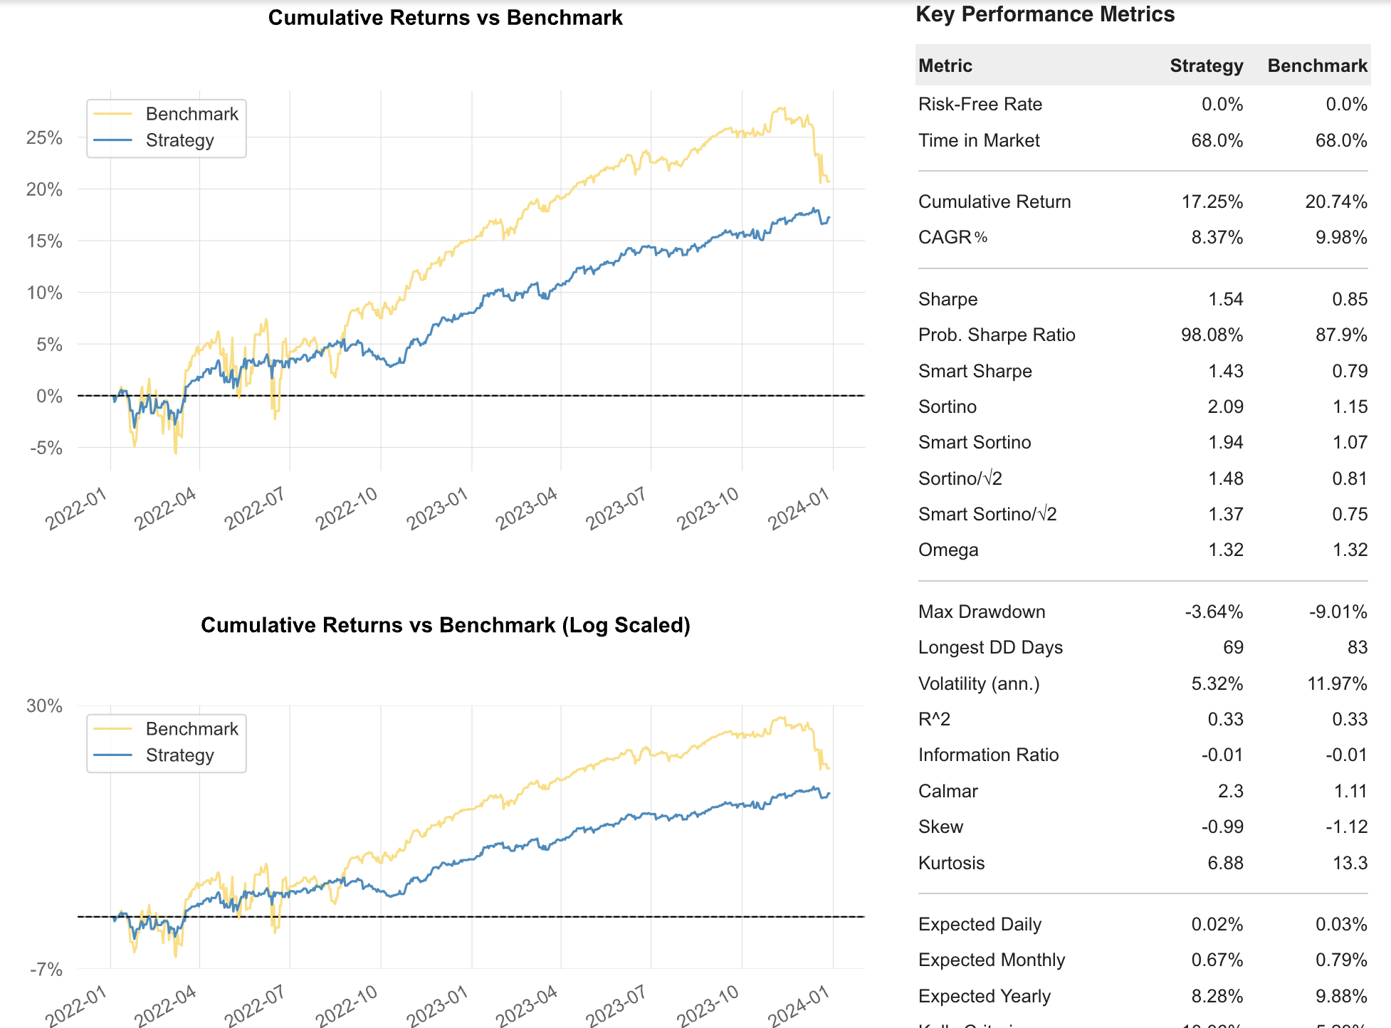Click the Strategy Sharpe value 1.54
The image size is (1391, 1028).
tap(1225, 299)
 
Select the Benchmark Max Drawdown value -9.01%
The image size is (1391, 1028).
tap(1338, 612)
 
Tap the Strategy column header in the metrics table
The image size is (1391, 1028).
tap(1206, 65)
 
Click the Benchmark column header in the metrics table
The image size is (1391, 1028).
tap(1317, 65)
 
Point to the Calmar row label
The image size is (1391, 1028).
tap(948, 791)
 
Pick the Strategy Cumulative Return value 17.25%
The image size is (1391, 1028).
tap(1212, 201)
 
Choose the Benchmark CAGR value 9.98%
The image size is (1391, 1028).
tap(1340, 237)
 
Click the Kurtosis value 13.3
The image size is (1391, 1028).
tap(1350, 863)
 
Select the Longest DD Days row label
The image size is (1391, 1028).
tap(990, 647)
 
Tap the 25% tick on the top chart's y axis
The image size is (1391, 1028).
tap(44, 137)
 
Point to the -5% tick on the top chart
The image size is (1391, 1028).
tap(46, 448)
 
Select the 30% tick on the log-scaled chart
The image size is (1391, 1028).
tap(44, 706)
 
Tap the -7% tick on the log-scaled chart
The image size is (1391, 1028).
tap(46, 969)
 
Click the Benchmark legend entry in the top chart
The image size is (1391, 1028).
tap(191, 114)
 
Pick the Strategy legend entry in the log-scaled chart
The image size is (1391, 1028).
tap(179, 755)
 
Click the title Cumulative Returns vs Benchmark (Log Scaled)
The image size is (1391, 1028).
tap(445, 624)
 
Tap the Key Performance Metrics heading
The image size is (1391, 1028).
tap(1044, 14)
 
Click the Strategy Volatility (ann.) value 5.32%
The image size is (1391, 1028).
tap(1217, 683)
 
